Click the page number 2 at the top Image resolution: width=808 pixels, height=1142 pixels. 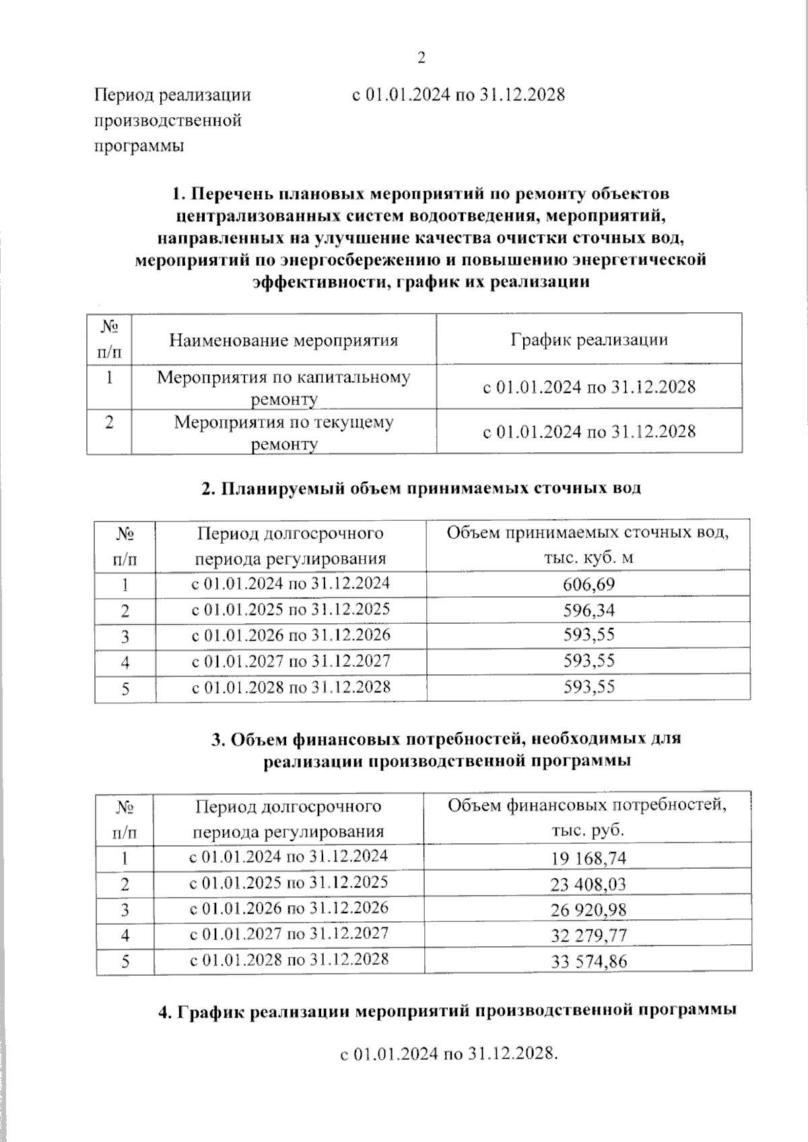click(422, 59)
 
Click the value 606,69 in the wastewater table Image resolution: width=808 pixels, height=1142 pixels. click(588, 584)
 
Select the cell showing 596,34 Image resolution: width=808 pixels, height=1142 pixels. click(588, 610)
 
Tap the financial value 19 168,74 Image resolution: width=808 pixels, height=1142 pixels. click(588, 859)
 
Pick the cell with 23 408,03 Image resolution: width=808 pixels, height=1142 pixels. click(588, 884)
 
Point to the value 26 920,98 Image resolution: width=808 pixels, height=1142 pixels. click(588, 910)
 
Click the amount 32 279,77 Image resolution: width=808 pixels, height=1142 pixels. click(588, 935)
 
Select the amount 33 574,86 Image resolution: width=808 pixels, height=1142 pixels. click(588, 961)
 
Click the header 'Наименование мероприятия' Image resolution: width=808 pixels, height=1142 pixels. click(283, 340)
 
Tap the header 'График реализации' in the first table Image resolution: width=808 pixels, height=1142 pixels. click(588, 339)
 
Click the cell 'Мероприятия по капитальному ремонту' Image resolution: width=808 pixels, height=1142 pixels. click(283, 388)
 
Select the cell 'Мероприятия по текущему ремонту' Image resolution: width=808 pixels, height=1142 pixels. click(283, 433)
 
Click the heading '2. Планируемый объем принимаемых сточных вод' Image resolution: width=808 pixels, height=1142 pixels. click(422, 488)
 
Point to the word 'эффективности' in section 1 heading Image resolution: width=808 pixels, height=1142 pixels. click(317, 281)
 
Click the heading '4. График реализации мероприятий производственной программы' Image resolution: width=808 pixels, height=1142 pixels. click(446, 1011)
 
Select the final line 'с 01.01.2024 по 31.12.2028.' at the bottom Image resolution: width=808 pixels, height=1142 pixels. click(449, 1054)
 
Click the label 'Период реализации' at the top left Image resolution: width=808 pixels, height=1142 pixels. click(172, 95)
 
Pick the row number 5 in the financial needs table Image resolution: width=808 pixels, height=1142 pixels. click(125, 962)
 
